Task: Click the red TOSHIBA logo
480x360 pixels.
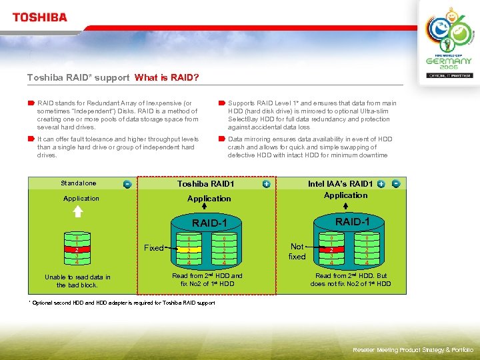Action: click(x=40, y=17)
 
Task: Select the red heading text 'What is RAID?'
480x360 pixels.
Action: click(x=167, y=77)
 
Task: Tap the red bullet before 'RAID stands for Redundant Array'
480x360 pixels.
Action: click(x=31, y=103)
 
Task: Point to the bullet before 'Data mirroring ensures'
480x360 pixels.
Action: click(x=221, y=139)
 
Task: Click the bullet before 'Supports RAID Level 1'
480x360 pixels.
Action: click(x=221, y=103)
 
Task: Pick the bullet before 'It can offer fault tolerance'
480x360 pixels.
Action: click(x=31, y=139)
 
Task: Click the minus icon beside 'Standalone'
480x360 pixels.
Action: click(x=127, y=184)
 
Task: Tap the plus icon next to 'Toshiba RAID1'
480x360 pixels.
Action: click(x=266, y=183)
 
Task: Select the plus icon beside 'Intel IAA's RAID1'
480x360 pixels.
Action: click(x=381, y=183)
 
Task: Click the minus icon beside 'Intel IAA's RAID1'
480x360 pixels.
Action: click(x=396, y=183)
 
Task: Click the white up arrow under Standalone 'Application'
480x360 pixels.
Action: click(x=77, y=211)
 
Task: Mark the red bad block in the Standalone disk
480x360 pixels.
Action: click(x=77, y=250)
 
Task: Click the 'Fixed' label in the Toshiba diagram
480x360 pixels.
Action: click(x=153, y=247)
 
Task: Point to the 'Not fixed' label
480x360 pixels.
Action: click(x=297, y=251)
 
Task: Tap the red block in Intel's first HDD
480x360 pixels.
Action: click(x=331, y=250)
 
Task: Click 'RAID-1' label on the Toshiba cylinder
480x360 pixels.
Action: click(x=210, y=223)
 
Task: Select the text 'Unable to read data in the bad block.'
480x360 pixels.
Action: click(x=77, y=281)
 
